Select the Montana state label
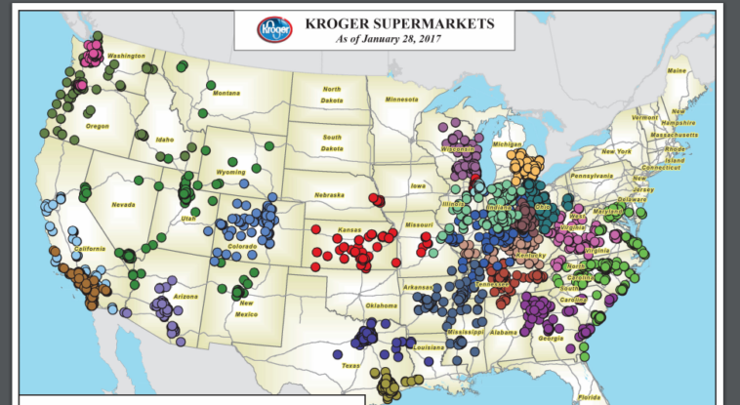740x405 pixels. coord(226,93)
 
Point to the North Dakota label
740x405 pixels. coord(332,94)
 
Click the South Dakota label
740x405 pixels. coord(332,142)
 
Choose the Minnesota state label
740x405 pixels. coord(400,100)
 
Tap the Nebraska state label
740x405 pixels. coord(330,195)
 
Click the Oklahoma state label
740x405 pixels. coord(381,305)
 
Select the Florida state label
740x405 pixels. coord(589,397)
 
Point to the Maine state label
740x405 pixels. coord(677,71)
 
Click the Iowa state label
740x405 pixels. coord(418,185)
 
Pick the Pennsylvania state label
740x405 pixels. coord(592,176)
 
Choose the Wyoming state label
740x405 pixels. coord(230,172)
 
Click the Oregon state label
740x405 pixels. coord(98,126)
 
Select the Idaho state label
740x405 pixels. coord(165,140)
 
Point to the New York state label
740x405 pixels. coord(616,151)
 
